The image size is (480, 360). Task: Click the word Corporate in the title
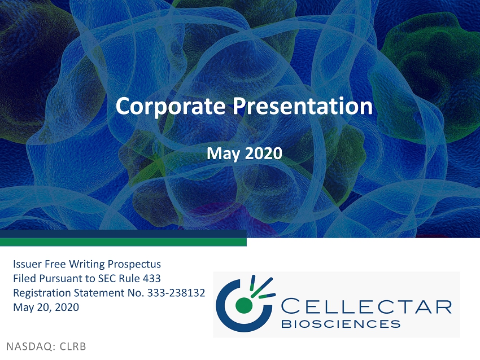tap(171, 106)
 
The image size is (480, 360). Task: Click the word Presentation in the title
tap(303, 106)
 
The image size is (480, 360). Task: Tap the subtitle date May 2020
tap(245, 154)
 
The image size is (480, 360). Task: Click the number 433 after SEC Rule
tap(152, 278)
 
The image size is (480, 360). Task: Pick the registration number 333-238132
tap(176, 293)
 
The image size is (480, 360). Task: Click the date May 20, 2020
tap(46, 308)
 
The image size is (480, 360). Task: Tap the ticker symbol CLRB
tap(73, 346)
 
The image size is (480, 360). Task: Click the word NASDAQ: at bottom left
tap(31, 346)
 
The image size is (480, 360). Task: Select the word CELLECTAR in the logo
tap(366, 307)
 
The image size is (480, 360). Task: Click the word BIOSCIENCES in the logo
tap(341, 323)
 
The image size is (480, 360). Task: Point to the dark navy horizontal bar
tap(123, 234)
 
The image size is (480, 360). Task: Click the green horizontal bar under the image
tap(123, 242)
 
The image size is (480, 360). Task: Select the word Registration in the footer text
tap(42, 293)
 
